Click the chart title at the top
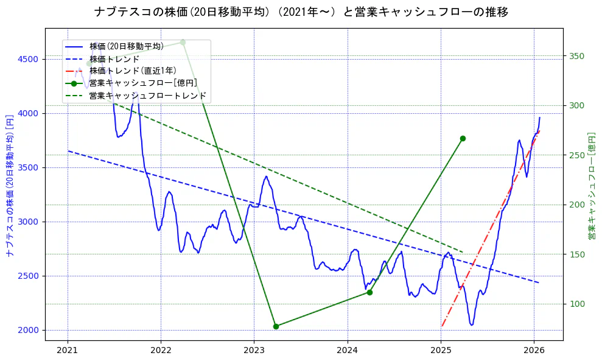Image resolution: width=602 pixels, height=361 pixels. click(x=301, y=12)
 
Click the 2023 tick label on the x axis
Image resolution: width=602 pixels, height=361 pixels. click(x=254, y=350)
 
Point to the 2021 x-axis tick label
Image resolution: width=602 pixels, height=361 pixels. click(x=68, y=350)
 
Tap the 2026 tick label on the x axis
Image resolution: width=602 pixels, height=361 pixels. click(x=534, y=350)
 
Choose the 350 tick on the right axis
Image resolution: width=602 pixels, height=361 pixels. click(x=576, y=56)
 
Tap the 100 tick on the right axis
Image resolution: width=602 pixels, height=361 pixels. click(x=576, y=304)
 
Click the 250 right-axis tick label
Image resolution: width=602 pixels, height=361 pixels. click(x=576, y=155)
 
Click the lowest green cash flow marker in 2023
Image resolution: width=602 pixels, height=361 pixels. click(x=276, y=326)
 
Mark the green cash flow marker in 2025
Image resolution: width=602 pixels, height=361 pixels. click(x=463, y=138)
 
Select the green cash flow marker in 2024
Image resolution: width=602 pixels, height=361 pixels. click(x=369, y=292)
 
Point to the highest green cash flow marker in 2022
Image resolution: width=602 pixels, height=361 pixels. click(x=183, y=42)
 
